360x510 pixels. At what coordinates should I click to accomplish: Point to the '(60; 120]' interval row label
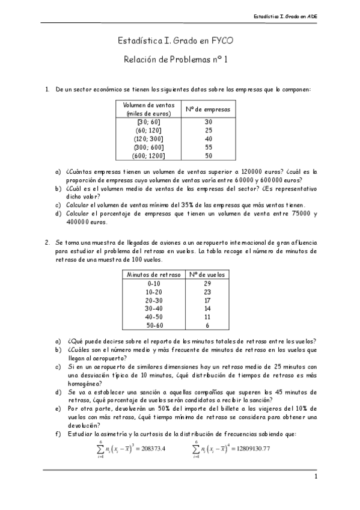(149, 129)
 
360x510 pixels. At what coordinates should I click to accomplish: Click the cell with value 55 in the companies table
(209, 147)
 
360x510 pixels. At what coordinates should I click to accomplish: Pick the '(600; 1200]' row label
(149, 155)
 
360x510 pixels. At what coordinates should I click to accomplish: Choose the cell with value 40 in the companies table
(209, 138)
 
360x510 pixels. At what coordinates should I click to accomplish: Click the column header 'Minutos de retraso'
(154, 274)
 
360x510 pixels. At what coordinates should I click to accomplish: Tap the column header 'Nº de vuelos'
(207, 274)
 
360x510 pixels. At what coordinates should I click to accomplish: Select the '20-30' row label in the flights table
(154, 300)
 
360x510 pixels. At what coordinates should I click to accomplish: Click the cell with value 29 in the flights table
(207, 283)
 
